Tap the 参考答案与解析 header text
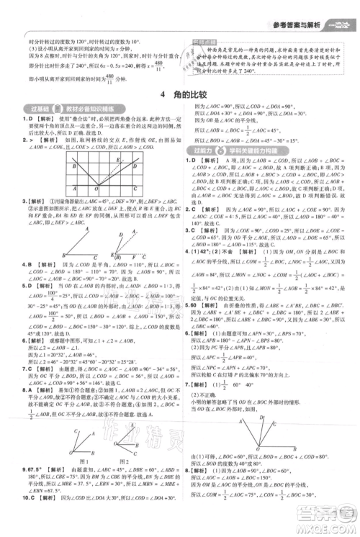(293, 7)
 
